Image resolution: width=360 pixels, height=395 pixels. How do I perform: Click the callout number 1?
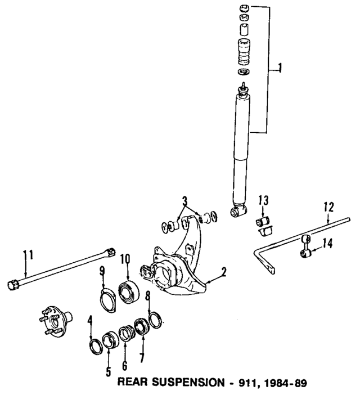click(280, 69)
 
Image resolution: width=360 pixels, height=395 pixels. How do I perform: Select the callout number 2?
click(224, 272)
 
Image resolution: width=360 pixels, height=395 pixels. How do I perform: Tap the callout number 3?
click(184, 201)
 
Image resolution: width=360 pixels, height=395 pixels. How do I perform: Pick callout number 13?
click(264, 200)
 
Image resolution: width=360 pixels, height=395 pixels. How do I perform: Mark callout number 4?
click(90, 322)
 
